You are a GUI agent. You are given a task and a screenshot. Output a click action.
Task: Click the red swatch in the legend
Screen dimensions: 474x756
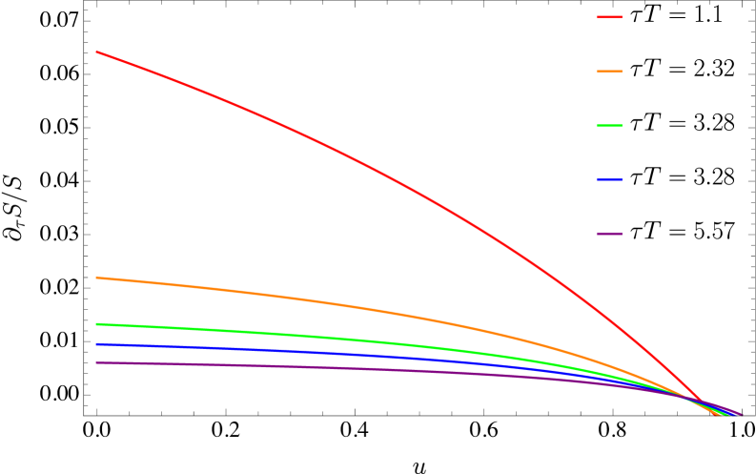[x=609, y=17]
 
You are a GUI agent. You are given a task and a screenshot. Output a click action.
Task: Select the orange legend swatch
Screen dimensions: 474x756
[x=609, y=72]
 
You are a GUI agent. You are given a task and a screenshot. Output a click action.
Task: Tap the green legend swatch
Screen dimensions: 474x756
[x=609, y=125]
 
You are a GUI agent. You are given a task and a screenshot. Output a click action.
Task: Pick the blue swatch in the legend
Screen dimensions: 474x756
[x=609, y=179]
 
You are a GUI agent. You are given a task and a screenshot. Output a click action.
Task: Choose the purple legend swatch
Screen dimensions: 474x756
[x=609, y=234]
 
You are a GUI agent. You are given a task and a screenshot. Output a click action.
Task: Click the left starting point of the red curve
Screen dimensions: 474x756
[x=96, y=52]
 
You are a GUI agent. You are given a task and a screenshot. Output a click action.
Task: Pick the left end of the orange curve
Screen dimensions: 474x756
[x=96, y=278]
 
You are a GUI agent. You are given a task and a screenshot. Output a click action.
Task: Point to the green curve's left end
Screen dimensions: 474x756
[x=96, y=324]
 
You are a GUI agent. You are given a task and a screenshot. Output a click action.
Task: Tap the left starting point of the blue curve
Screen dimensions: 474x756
[x=96, y=344]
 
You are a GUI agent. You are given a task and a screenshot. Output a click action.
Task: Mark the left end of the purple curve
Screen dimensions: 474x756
[x=96, y=362]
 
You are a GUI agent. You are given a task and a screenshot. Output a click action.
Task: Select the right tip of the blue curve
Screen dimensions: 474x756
[x=735, y=415]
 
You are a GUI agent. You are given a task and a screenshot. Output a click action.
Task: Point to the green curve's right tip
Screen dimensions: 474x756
[x=728, y=415]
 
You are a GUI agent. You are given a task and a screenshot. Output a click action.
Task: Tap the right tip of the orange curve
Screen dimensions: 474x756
[x=722, y=415]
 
